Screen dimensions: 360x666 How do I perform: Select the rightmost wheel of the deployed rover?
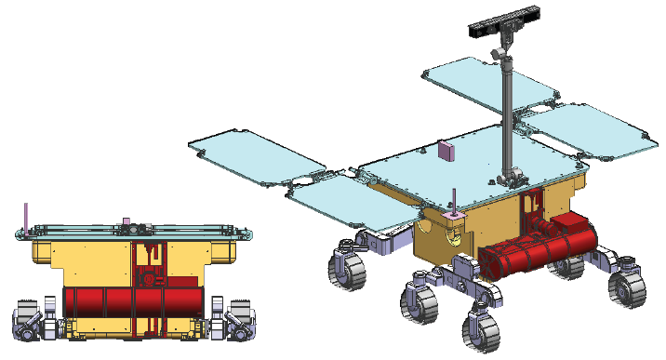click(x=627, y=284)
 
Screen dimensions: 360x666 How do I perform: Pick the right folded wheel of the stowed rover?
click(x=238, y=319)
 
